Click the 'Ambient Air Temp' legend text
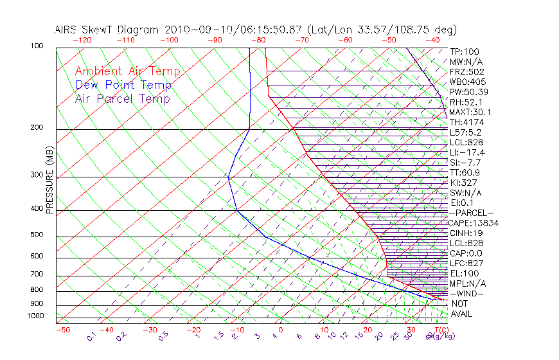pyautogui.click(x=127, y=71)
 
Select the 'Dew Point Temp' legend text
pyautogui.click(x=123, y=85)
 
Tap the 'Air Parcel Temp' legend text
pyautogui.click(x=122, y=98)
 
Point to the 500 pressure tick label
pyautogui.click(x=37, y=235)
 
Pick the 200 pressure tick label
pyautogui.click(x=37, y=128)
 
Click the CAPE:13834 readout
pyautogui.click(x=473, y=223)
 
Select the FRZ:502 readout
pyautogui.click(x=466, y=71)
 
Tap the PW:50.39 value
pyautogui.click(x=468, y=92)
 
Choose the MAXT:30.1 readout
pyautogui.click(x=470, y=112)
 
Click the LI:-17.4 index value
pyautogui.click(x=467, y=152)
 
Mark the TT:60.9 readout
pyautogui.click(x=466, y=172)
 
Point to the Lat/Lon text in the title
pyautogui.click(x=333, y=30)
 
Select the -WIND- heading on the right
pyautogui.click(x=467, y=293)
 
